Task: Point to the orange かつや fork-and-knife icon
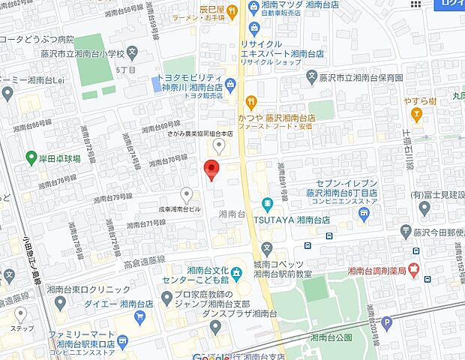[x=251, y=101]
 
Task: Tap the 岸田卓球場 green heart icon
[x=31, y=158]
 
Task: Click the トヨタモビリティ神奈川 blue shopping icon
[x=229, y=85]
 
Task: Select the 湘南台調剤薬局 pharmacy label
[x=376, y=271]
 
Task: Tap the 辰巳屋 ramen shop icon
[x=232, y=10]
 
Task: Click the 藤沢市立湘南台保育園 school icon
[x=313, y=77]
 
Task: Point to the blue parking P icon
[x=387, y=323]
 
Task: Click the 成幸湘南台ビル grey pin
[x=186, y=194]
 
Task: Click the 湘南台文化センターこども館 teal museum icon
[x=236, y=271]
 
